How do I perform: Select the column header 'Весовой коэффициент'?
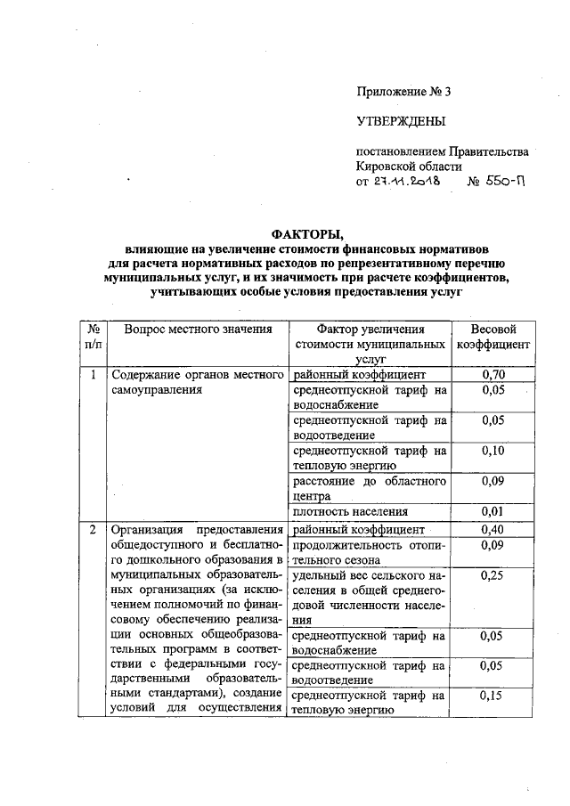coord(493,337)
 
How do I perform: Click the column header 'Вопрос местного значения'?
coord(198,330)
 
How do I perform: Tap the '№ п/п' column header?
coord(93,337)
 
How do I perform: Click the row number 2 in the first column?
coord(93,530)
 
